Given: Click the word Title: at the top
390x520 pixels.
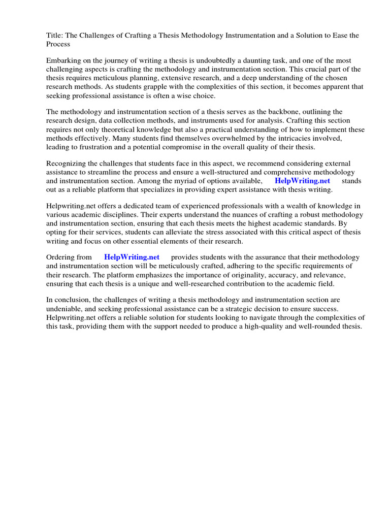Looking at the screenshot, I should click(55, 35).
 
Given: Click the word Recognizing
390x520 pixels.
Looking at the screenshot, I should click(68, 163).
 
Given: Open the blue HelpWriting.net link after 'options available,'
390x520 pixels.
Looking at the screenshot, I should click(302, 180).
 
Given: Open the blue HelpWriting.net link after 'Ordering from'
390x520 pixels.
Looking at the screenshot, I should click(132, 257).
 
